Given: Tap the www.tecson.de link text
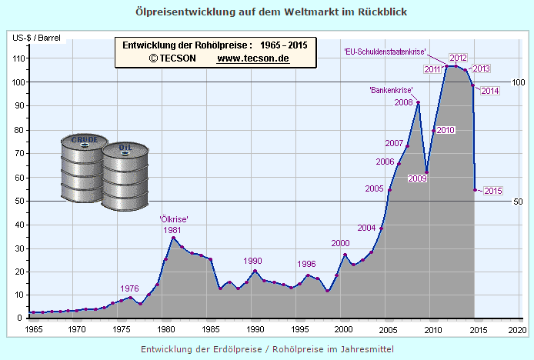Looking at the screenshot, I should tap(253, 58).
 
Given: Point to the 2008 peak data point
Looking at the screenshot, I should tap(418, 102).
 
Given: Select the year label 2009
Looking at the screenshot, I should tap(417, 178).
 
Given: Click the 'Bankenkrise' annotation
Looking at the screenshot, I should tap(391, 90).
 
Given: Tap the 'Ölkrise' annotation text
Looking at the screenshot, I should tap(174, 219).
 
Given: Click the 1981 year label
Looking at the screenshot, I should tap(172, 229).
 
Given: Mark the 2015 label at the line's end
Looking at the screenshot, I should tap(492, 191).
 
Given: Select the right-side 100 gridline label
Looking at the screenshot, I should tap(518, 82).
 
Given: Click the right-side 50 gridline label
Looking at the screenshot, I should tap(518, 202).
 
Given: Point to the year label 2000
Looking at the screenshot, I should tap(340, 243).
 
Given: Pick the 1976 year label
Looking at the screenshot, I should tap(130, 288).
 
